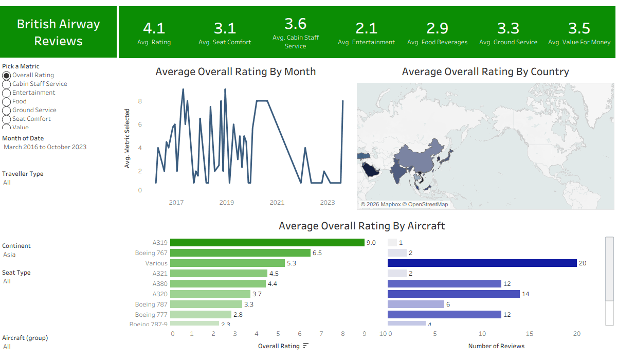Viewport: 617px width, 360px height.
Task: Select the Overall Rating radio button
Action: pos(6,75)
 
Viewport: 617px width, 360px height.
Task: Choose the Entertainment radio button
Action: pos(6,93)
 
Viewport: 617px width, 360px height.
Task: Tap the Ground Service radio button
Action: pos(6,111)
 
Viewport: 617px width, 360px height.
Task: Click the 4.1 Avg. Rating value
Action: pos(154,28)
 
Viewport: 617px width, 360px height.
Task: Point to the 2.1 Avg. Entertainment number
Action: pos(366,28)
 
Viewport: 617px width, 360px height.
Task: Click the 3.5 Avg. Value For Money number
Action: pos(579,28)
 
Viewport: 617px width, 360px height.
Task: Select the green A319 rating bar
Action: pos(267,242)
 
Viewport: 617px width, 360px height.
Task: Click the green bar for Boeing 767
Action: pos(240,253)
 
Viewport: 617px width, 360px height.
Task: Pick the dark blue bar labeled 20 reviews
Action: pos(482,263)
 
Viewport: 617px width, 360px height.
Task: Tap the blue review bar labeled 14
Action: pos(453,294)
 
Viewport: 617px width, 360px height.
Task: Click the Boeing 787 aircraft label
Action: pos(151,304)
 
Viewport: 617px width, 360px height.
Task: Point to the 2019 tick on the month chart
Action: pos(226,203)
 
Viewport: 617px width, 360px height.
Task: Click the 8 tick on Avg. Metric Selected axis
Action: pos(140,101)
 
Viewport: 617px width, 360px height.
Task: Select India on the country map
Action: pos(397,171)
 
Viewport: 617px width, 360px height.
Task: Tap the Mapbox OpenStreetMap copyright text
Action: pos(404,204)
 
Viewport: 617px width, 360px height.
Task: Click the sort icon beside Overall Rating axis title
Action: pos(306,346)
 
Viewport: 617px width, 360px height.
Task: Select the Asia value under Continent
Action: pos(9,255)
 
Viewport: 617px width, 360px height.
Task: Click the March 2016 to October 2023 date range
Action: pos(45,147)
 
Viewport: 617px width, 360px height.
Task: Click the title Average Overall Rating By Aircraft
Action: pos(361,226)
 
